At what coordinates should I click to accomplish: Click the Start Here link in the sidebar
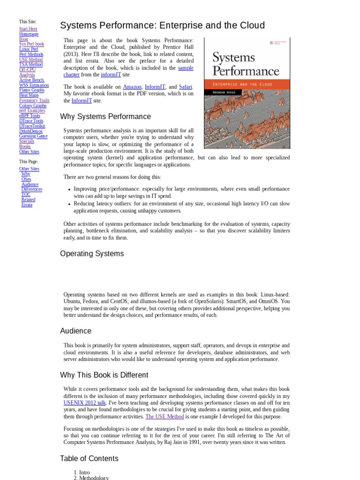click(28, 29)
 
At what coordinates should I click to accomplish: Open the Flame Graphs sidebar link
click(32, 90)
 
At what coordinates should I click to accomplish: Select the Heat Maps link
click(29, 95)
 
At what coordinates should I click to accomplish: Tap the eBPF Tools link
click(30, 116)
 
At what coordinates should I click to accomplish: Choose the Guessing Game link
click(33, 136)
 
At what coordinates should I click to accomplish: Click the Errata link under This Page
click(27, 205)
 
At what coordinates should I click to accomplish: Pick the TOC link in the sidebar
click(26, 195)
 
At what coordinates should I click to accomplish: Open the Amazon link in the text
click(132, 87)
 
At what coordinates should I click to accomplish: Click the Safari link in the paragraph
click(185, 87)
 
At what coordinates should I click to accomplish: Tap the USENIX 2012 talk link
click(85, 403)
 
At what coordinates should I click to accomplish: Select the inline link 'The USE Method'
click(165, 416)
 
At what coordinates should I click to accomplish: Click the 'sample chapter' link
click(186, 68)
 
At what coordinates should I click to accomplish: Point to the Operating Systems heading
click(92, 254)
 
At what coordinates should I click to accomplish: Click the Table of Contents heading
click(89, 458)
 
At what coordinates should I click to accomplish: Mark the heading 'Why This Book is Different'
click(104, 375)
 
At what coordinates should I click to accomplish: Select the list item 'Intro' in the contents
click(84, 472)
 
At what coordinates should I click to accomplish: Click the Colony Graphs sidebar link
click(33, 106)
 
